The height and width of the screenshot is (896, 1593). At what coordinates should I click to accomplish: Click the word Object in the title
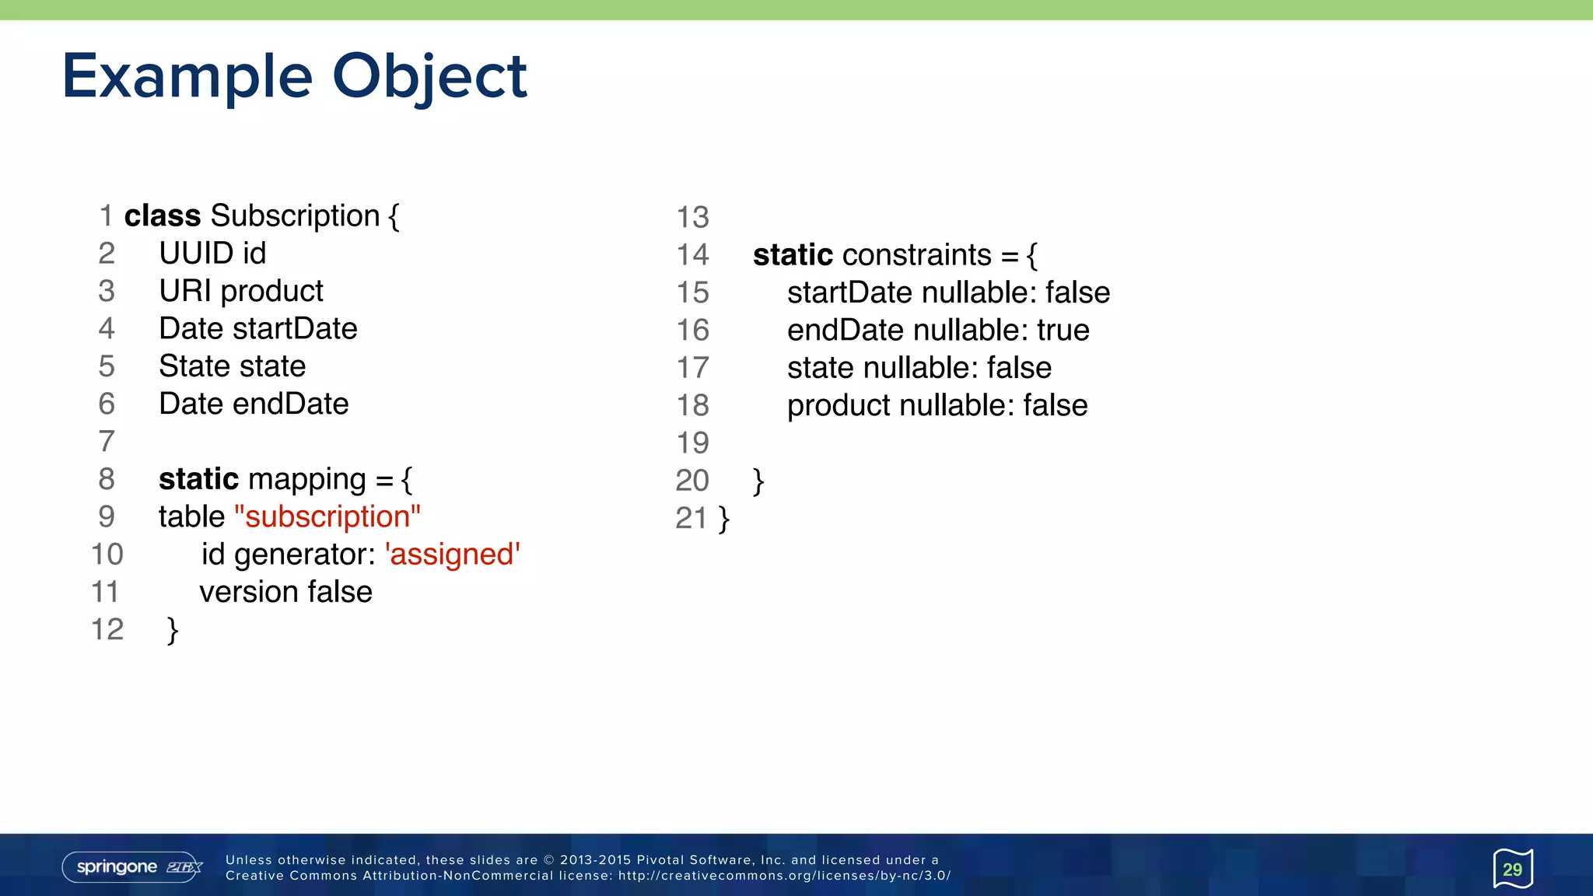[x=429, y=76]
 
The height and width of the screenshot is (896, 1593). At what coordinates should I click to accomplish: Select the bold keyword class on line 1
[x=162, y=215]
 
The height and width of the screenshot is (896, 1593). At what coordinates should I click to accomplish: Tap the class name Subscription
[x=295, y=215]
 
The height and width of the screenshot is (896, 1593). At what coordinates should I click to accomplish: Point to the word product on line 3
[x=271, y=291]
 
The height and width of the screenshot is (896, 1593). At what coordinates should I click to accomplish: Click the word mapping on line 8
[x=306, y=479]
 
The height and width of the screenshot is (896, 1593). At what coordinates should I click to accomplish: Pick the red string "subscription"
[x=327, y=516]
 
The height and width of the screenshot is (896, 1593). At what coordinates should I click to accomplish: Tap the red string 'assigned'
[x=452, y=555]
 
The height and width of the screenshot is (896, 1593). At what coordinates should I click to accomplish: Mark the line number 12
[x=107, y=629]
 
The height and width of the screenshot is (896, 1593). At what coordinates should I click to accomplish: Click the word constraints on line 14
[x=916, y=255]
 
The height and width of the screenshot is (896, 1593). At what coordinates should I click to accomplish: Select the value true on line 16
[x=1063, y=330]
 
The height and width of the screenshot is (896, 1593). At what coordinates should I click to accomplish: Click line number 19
[x=692, y=443]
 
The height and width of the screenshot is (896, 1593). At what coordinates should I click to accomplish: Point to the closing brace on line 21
[x=724, y=518]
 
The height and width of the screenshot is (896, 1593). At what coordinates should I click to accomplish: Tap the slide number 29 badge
[x=1512, y=869]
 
